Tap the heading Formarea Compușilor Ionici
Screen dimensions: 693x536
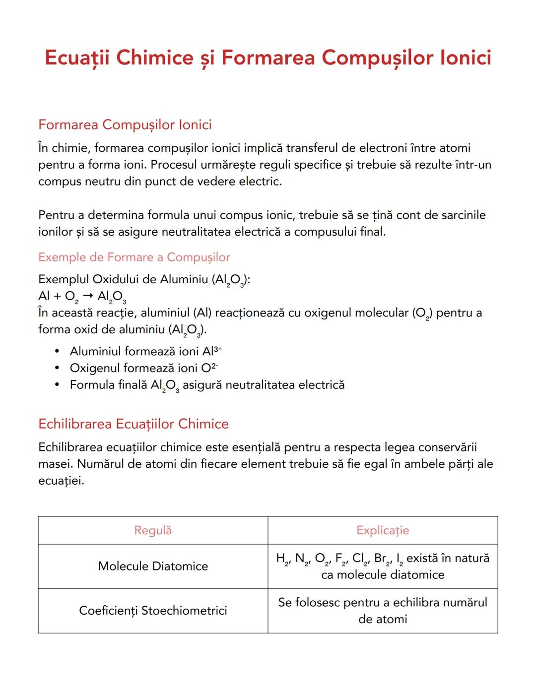point(125,125)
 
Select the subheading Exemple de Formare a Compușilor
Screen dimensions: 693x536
point(134,257)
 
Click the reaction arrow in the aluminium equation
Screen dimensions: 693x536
point(88,296)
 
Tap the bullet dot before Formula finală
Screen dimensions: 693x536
point(58,385)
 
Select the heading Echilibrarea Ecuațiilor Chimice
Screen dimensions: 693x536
point(134,424)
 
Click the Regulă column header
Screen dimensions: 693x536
point(153,530)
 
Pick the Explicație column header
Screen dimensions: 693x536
point(383,530)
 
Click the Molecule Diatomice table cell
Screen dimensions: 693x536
point(153,566)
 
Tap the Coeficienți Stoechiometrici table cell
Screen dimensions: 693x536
point(153,611)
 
